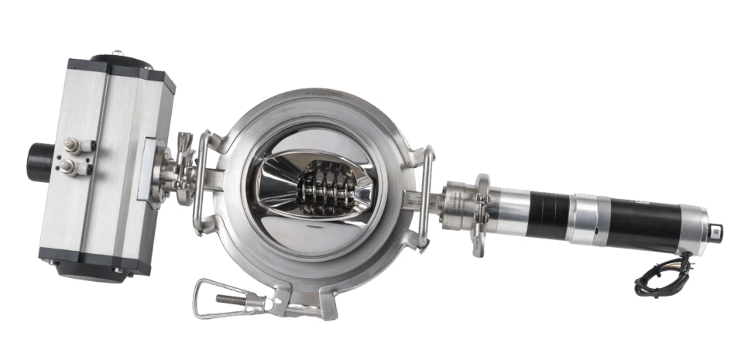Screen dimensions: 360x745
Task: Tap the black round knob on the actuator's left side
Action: point(38,161)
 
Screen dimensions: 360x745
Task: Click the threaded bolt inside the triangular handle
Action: point(232,299)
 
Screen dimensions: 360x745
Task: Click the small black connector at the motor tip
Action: point(717,231)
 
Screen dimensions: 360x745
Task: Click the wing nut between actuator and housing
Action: point(183,143)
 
